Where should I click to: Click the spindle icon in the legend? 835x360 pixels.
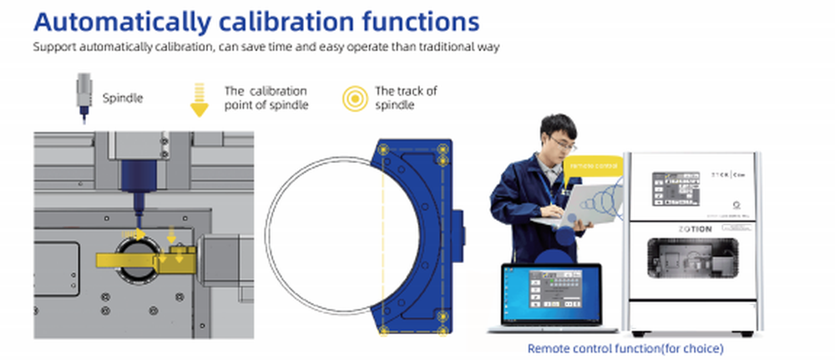tap(83, 98)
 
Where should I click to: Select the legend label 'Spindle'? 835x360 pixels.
tap(123, 98)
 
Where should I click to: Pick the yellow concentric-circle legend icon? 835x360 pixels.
tap(355, 99)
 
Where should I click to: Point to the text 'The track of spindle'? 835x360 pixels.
tap(406, 98)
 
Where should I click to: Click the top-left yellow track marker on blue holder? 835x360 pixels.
tap(385, 150)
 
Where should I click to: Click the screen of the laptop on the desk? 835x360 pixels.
tap(552, 292)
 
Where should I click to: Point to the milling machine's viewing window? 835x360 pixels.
tap(692, 260)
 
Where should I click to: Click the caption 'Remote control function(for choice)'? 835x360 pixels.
tap(625, 347)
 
